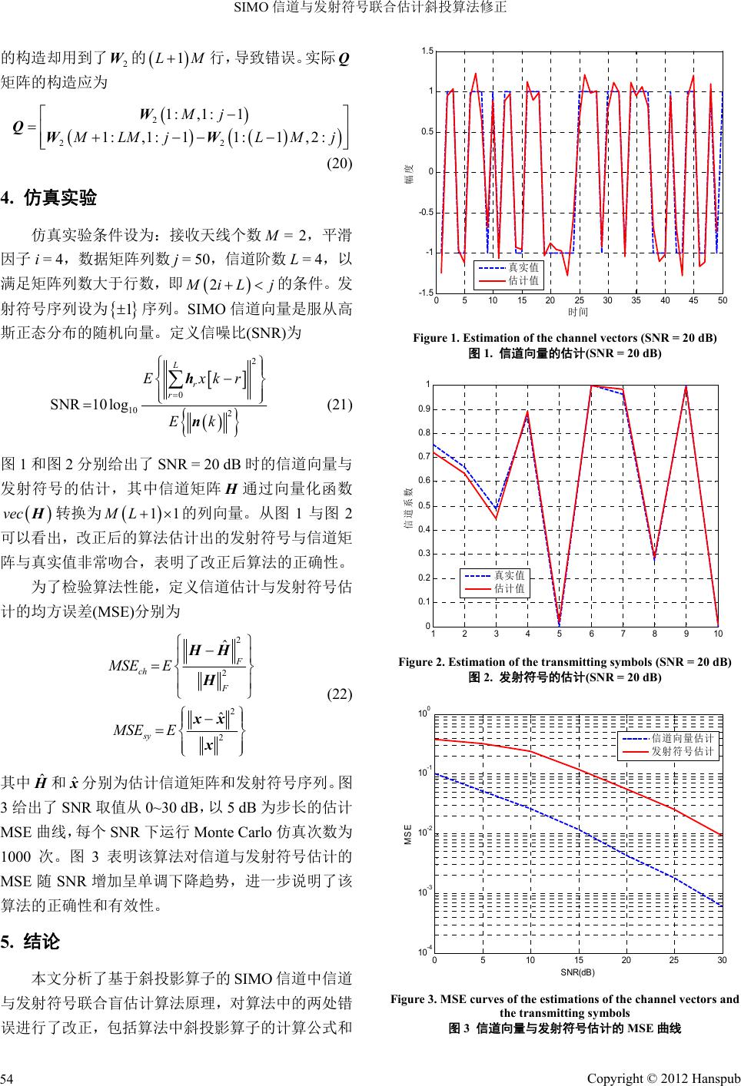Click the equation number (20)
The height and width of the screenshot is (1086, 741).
338,164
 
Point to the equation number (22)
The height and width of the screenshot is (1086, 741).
338,694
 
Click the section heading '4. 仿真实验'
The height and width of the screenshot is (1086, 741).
50,199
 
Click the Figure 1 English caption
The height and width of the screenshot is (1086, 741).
565,338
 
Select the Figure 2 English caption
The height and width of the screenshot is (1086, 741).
565,662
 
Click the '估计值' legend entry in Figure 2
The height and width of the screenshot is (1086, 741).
510,588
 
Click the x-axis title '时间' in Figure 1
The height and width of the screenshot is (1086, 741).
578,312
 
